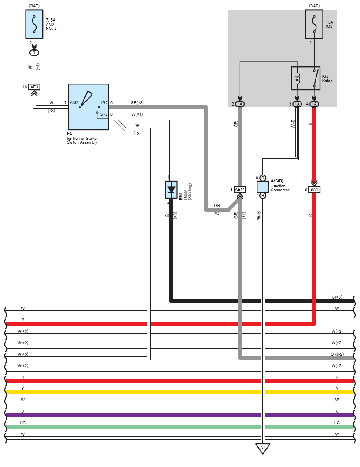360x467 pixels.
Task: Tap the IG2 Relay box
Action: point(306,78)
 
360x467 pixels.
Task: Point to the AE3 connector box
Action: point(34,87)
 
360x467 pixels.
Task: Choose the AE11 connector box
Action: point(240,190)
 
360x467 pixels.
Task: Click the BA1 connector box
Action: point(314,190)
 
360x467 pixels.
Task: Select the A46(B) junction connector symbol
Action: point(263,186)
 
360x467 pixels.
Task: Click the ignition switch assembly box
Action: point(88,107)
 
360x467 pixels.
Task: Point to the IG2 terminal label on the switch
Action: point(104,103)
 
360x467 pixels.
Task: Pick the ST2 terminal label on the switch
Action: point(104,114)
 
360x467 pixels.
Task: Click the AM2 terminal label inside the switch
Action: point(74,103)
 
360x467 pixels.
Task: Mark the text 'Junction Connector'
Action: point(280,188)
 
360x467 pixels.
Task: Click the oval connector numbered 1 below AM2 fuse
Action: point(34,53)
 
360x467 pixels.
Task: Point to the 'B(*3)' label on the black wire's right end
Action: point(337,297)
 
